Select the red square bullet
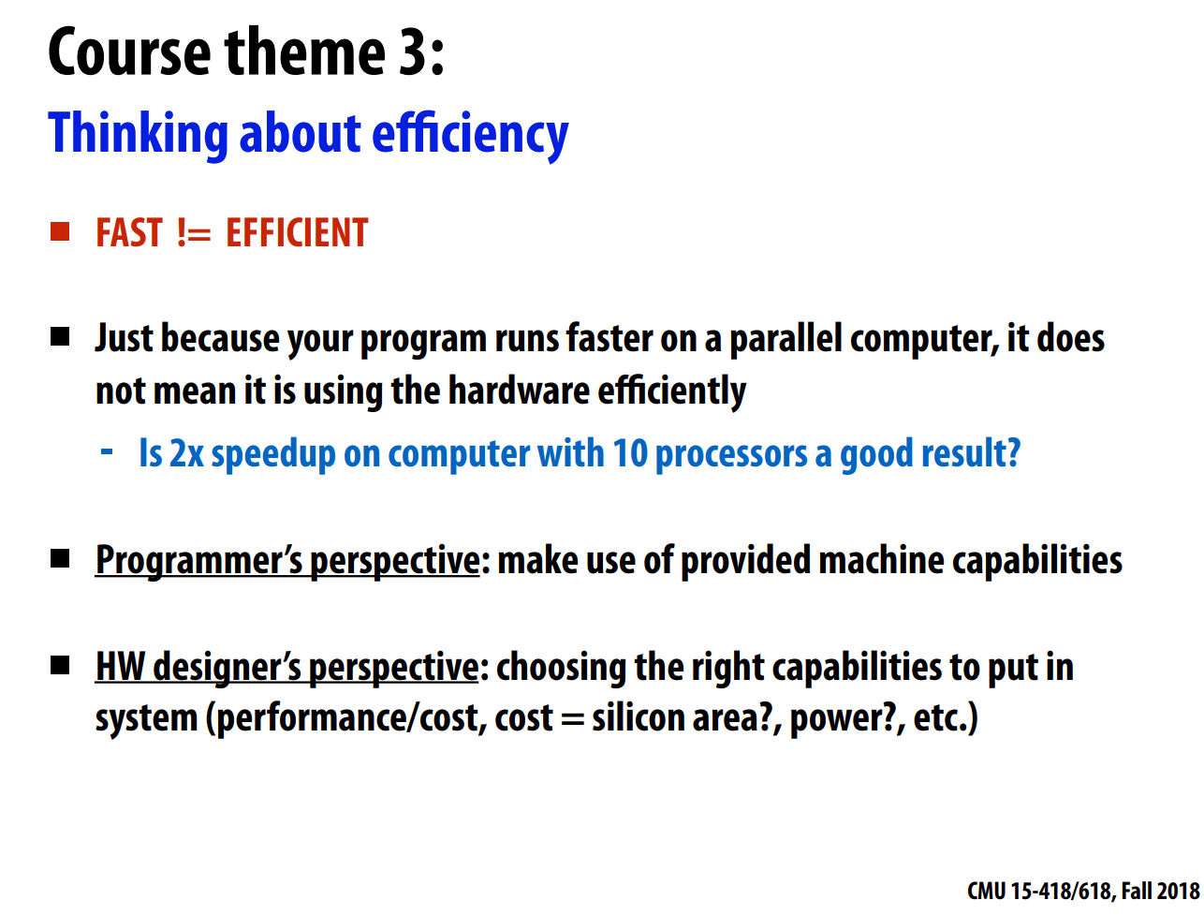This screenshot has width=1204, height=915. pyautogui.click(x=60, y=231)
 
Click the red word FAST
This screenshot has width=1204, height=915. pyautogui.click(x=129, y=232)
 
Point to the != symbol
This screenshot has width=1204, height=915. pyautogui.click(x=194, y=233)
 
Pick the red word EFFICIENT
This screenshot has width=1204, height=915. pyautogui.click(x=297, y=232)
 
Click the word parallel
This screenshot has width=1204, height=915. pyautogui.click(x=786, y=339)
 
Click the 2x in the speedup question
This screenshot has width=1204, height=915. pyautogui.click(x=186, y=453)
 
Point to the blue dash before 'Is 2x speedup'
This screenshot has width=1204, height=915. pyautogui.click(x=107, y=452)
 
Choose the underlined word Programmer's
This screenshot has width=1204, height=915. pyautogui.click(x=199, y=561)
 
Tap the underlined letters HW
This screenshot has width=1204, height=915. pyautogui.click(x=120, y=667)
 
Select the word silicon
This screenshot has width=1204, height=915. pyautogui.click(x=638, y=717)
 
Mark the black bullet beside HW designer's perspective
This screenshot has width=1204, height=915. pyautogui.click(x=60, y=665)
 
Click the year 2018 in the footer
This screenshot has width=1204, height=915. pyautogui.click(x=1178, y=891)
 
